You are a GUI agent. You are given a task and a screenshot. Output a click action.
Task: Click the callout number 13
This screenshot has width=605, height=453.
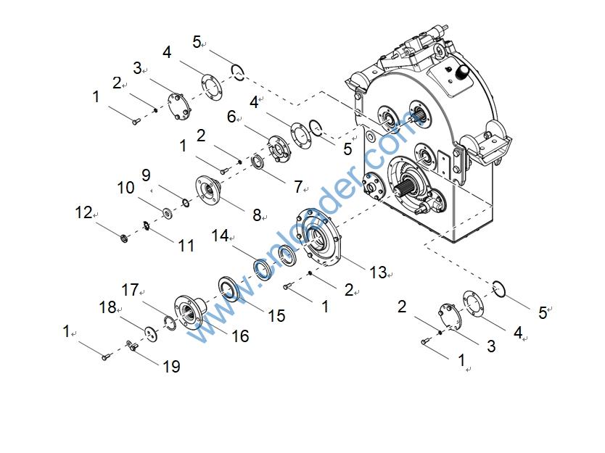pos(378,273)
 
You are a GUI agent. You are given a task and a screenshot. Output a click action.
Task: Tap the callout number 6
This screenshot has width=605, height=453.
pos(231,117)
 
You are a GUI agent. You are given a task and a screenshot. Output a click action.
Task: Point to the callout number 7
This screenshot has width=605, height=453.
pos(297,187)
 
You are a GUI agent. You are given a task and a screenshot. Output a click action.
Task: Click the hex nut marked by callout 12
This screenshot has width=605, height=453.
pos(125,238)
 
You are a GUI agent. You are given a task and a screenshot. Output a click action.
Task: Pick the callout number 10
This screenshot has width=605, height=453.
pos(125,188)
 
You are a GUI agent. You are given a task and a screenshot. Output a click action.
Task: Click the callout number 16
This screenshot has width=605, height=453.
pos(240,336)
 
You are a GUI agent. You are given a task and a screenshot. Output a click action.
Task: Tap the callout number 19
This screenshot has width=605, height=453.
pos(171,367)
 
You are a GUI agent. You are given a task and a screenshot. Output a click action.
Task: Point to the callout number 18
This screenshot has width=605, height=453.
pos(107,307)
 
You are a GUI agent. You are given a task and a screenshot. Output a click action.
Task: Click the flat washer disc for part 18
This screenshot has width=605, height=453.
pos(151,334)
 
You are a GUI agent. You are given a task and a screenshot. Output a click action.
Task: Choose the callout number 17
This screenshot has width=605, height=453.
pos(130,290)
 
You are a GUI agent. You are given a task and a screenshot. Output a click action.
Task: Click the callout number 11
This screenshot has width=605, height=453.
pos(186,246)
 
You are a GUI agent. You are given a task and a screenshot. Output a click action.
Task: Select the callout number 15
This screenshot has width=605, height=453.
pos(276,316)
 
